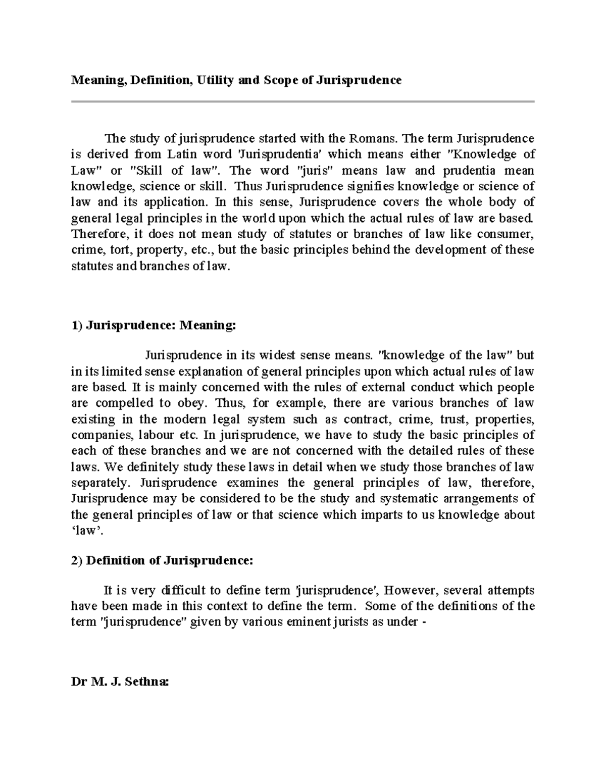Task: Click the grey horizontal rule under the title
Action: tap(302, 101)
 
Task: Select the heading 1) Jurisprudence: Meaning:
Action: tap(154, 326)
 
